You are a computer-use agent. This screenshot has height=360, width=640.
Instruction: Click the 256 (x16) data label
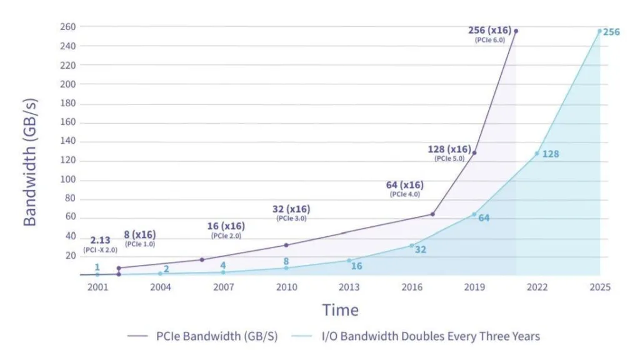(x=489, y=30)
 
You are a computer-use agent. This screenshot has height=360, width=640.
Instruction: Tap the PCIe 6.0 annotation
(x=490, y=40)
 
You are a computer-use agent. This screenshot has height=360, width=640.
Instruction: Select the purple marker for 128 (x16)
(x=474, y=152)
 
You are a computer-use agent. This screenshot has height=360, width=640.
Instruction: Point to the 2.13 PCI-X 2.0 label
(x=100, y=244)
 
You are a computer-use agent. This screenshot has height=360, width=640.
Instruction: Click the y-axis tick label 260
(x=67, y=27)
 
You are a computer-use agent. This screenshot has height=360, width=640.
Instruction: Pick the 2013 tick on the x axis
(x=349, y=287)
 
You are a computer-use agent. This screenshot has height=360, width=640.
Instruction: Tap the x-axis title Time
(x=341, y=310)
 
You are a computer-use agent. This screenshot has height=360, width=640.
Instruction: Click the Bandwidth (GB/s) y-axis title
(x=30, y=162)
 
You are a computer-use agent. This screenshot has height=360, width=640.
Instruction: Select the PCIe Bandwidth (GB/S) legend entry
(x=202, y=336)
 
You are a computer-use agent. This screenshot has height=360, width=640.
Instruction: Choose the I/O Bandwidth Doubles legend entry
(x=416, y=336)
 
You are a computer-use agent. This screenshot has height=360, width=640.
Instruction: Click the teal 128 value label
(x=550, y=154)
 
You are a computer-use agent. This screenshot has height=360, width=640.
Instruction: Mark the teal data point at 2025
(x=599, y=31)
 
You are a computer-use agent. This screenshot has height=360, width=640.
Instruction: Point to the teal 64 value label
(x=484, y=218)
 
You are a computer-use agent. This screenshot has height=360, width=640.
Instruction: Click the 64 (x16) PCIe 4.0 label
(x=405, y=189)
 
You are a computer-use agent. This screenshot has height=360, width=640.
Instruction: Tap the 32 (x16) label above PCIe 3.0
(x=291, y=209)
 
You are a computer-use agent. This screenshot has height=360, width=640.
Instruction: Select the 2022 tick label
(x=537, y=287)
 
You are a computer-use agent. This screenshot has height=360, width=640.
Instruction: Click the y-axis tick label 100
(x=67, y=179)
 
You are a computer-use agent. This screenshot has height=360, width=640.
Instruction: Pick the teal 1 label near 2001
(x=97, y=267)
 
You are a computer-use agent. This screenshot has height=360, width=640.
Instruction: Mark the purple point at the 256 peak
(x=516, y=31)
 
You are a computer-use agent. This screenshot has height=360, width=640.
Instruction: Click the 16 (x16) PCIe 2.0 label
(x=226, y=230)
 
